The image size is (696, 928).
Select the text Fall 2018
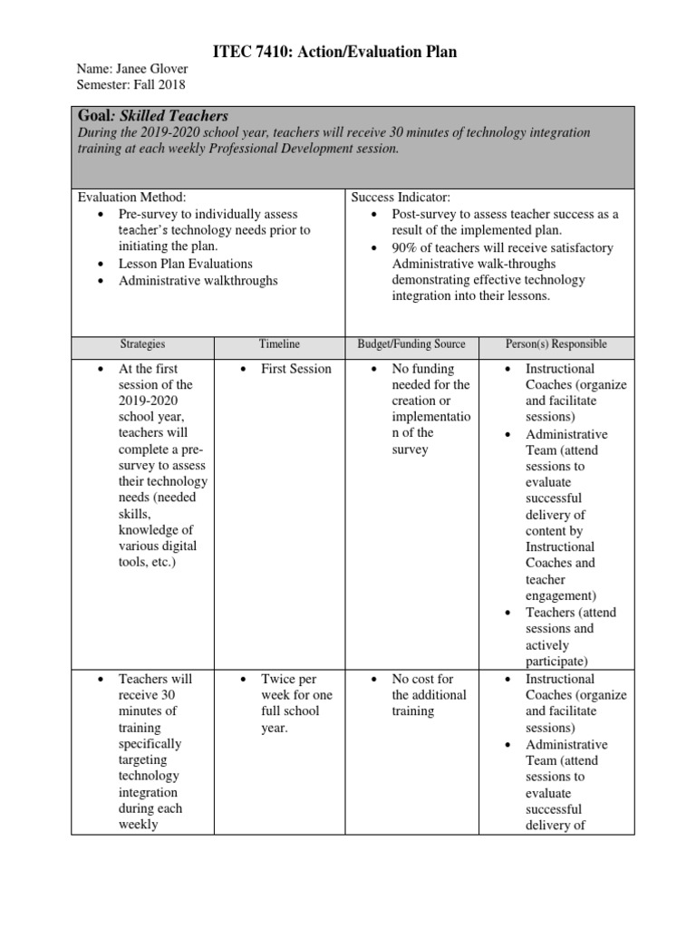click(159, 85)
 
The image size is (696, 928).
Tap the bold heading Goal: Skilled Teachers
click(153, 116)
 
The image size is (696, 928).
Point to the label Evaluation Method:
click(131, 197)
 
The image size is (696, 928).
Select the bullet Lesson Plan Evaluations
click(186, 264)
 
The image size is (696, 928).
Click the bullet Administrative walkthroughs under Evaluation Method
click(198, 280)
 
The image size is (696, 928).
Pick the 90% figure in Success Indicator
click(405, 247)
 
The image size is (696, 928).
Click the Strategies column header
click(143, 344)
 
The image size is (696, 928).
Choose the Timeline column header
click(279, 344)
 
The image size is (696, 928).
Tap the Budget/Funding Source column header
click(411, 344)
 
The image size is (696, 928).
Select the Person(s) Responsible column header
click(556, 344)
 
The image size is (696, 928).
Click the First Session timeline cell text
click(295, 369)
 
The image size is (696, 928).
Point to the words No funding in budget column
click(422, 369)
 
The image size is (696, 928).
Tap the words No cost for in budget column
click(422, 679)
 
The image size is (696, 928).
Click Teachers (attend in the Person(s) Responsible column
click(570, 613)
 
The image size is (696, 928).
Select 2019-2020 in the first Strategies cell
click(150, 401)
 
